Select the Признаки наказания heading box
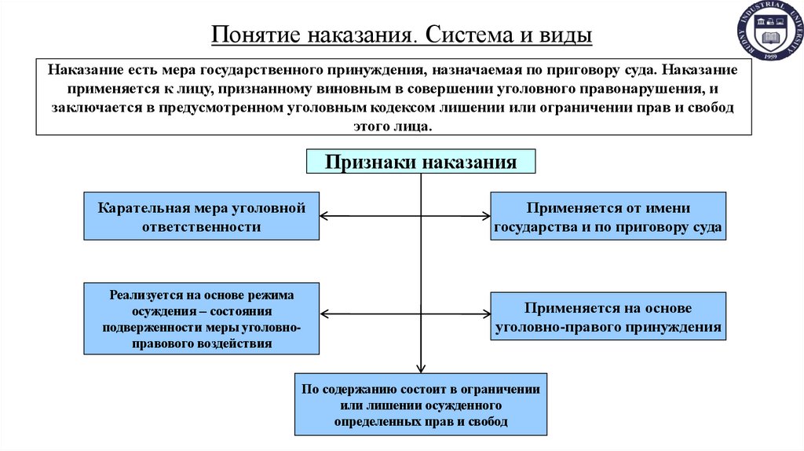pos(421,162)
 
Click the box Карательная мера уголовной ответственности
pos(201,216)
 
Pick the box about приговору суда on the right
pos(608,216)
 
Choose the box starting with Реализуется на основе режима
pos(201,318)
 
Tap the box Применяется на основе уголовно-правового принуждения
pos(608,317)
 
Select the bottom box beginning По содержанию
pos(421,405)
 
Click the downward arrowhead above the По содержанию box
pos(421,367)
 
